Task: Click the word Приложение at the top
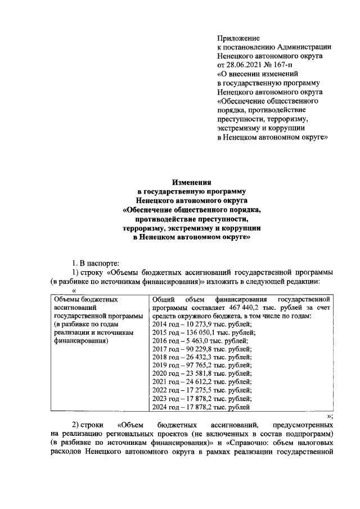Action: pyautogui.click(x=235, y=38)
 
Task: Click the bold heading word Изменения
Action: pyautogui.click(x=192, y=182)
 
